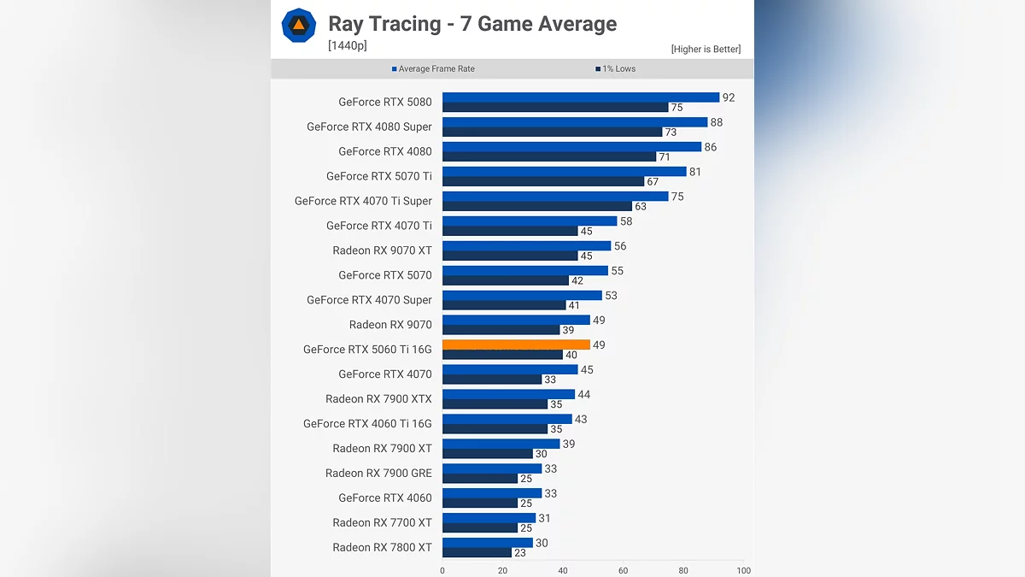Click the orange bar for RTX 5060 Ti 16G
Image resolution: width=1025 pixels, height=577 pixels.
[516, 344]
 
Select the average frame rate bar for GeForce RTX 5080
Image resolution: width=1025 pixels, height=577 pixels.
[581, 97]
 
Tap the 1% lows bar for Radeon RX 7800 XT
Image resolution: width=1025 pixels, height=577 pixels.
[477, 553]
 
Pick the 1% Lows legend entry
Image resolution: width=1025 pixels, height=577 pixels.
[615, 69]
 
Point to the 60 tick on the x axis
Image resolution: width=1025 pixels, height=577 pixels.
[624, 570]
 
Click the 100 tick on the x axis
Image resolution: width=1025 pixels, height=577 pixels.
[744, 570]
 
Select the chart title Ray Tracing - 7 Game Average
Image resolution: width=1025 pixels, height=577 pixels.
[472, 24]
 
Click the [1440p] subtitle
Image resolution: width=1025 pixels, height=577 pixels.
[348, 46]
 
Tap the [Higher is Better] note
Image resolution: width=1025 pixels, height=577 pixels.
[706, 50]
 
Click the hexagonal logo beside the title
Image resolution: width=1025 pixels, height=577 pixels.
[299, 26]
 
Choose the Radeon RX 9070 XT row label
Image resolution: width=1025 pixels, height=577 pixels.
[382, 250]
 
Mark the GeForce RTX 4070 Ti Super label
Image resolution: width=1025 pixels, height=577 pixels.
[363, 201]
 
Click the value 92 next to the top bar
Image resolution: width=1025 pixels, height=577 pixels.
[729, 97]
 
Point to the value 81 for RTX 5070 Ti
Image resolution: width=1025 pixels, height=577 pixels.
[695, 172]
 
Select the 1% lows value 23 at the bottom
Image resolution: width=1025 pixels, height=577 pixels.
[520, 553]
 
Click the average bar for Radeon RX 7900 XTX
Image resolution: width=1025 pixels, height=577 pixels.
[508, 394]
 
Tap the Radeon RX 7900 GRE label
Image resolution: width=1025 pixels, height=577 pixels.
[378, 473]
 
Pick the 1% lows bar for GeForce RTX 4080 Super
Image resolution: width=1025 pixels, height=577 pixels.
[552, 132]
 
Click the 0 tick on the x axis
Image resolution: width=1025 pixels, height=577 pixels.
[442, 570]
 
